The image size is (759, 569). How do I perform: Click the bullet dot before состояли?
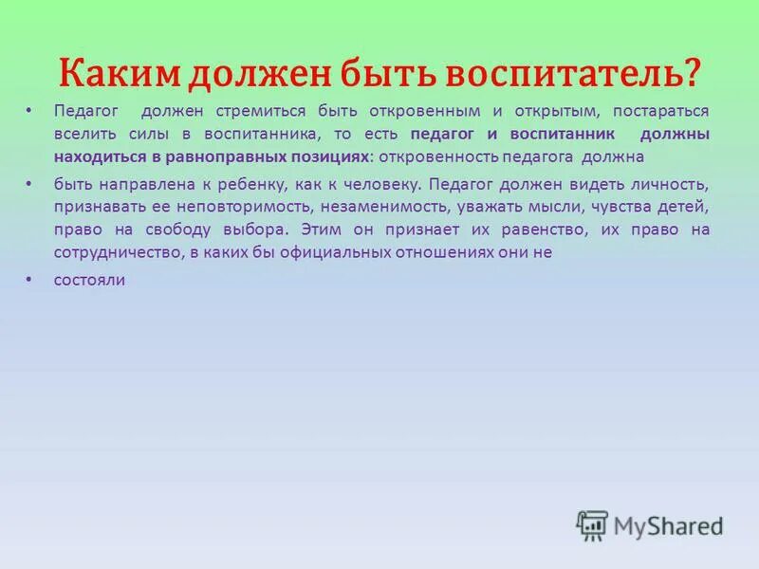click(x=29, y=279)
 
